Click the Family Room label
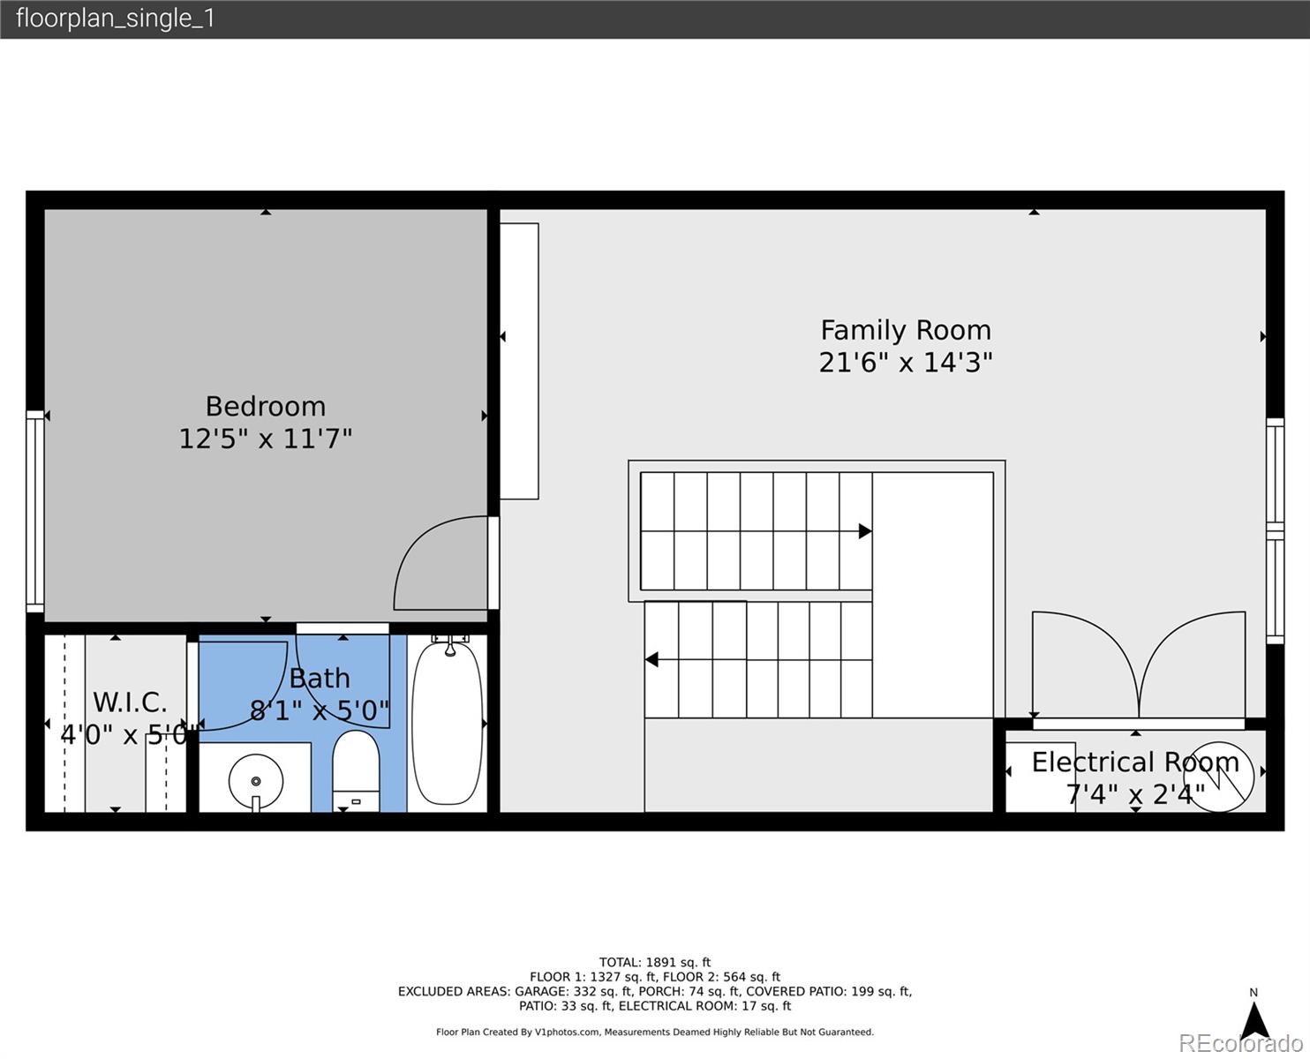pyautogui.click(x=906, y=330)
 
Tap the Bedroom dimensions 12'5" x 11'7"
pyautogui.click(x=266, y=439)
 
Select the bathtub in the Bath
pyautogui.click(x=448, y=722)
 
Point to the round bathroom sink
pyautogui.click(x=256, y=781)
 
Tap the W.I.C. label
pyautogui.click(x=130, y=702)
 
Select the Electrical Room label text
pyautogui.click(x=1135, y=762)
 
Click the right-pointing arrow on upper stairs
pyautogui.click(x=864, y=531)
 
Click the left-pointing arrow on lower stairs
pyautogui.click(x=652, y=659)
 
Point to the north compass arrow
pyautogui.click(x=1254, y=1020)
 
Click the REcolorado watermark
pyautogui.click(x=1243, y=1043)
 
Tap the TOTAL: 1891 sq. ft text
pyautogui.click(x=654, y=963)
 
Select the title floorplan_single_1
pyautogui.click(x=116, y=19)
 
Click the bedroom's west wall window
pyautogui.click(x=34, y=512)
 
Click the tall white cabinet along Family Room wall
pyautogui.click(x=519, y=361)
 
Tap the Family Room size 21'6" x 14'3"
pyautogui.click(x=906, y=363)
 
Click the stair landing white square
pyautogui.click(x=933, y=595)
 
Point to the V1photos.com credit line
pyautogui.click(x=654, y=1032)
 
